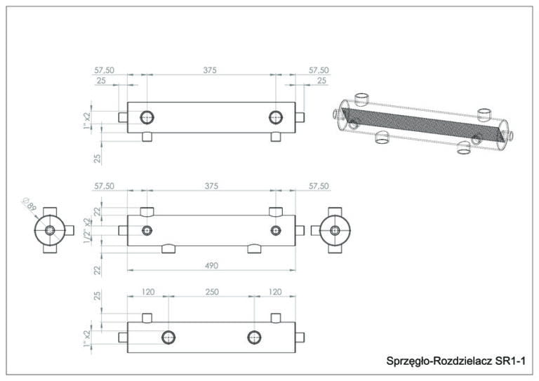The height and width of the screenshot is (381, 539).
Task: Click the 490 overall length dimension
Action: coord(211,265)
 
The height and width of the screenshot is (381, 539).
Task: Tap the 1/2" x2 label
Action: coord(87,230)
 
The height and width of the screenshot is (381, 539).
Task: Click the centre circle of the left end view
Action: coord(50,230)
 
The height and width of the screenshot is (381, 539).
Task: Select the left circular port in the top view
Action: coord(147,116)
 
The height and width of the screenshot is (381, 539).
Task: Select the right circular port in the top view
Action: coord(275,116)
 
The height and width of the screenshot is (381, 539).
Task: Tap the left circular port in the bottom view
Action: coord(168,337)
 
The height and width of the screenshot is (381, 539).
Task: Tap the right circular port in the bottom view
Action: coord(254,337)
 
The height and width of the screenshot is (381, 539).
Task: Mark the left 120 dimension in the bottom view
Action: coord(148,290)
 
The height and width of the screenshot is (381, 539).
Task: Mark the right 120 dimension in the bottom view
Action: coord(274,290)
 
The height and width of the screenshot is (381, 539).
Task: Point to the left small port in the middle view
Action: coord(147,230)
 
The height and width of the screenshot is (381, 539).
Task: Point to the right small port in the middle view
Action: coord(275,230)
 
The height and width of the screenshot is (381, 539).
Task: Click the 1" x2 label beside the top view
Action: coord(87,119)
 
